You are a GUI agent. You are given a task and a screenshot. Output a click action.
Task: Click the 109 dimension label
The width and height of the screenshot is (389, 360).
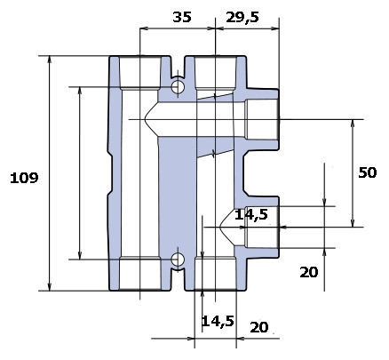[x=24, y=178]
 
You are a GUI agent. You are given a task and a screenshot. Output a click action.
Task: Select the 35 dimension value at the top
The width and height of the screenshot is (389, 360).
[x=182, y=17]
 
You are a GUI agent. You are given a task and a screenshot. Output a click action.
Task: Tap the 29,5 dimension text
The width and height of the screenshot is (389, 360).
[x=242, y=18]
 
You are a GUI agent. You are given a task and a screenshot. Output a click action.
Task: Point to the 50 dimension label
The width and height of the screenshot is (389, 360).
[x=368, y=172]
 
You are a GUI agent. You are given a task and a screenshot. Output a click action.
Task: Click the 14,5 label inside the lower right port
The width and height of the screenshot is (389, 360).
[x=251, y=214]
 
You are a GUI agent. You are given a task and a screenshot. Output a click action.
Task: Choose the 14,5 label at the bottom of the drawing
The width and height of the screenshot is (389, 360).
[x=218, y=321]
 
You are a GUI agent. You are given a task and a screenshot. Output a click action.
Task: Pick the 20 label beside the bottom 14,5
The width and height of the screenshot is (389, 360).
[x=259, y=327]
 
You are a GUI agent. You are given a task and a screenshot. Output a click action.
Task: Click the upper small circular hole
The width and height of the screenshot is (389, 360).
[x=178, y=87]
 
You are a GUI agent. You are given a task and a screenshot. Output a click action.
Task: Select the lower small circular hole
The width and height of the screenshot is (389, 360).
[x=178, y=260]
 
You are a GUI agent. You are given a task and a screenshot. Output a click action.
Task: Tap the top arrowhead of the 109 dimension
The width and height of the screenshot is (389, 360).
[x=50, y=60]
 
